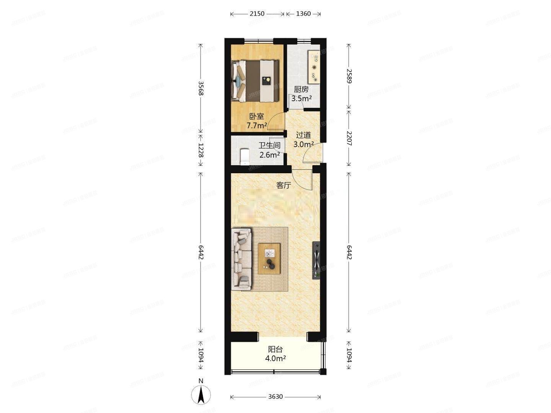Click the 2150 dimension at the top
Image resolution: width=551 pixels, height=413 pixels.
click(257, 14)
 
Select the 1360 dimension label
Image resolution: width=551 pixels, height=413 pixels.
click(303, 14)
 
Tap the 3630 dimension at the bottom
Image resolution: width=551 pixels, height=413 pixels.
click(275, 397)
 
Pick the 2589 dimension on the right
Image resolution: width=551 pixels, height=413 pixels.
click(349, 76)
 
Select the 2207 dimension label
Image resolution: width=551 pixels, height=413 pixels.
click(349, 138)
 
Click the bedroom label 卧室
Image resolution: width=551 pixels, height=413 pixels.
click(256, 116)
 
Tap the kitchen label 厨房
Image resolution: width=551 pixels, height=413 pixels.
click(301, 89)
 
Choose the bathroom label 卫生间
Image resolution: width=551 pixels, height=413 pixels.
click(269, 146)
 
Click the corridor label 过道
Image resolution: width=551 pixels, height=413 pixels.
click(303, 135)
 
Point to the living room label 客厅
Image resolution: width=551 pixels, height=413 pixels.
click(284, 185)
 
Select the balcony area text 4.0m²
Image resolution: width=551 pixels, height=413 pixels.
click(275, 358)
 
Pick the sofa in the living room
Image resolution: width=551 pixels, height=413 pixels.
click(241, 258)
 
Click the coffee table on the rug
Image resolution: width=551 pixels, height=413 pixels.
click(270, 259)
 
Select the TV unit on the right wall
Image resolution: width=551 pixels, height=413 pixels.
click(316, 260)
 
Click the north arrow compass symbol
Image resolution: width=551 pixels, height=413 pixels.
click(201, 394)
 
